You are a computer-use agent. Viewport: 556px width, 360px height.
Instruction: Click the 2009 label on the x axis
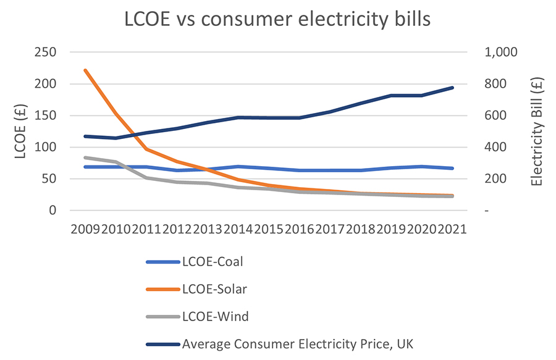click(85, 230)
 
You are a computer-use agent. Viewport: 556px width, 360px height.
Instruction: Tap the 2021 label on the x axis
click(451, 230)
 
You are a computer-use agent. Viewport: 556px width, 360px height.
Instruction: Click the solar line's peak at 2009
click(85, 70)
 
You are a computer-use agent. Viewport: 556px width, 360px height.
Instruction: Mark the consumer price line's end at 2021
click(453, 88)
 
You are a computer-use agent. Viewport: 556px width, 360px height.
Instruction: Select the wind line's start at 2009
click(85, 157)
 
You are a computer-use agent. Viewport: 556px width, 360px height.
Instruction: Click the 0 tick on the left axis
click(53, 211)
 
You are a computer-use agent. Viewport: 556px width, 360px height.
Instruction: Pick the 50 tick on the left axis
click(49, 179)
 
